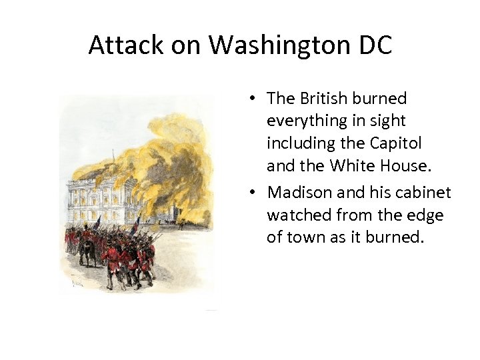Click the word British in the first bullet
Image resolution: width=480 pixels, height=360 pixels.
(324, 99)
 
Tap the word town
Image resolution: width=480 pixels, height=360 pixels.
(306, 238)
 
